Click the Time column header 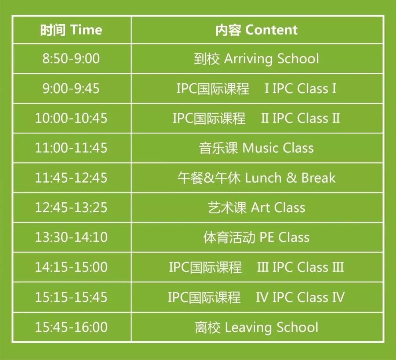(x=71, y=30)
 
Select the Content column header (x=257, y=30)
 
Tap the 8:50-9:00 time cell (x=71, y=59)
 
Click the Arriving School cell (x=257, y=59)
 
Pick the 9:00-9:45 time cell (x=71, y=88)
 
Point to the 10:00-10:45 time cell (x=71, y=118)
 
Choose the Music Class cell (x=257, y=148)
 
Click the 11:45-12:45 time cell (x=71, y=178)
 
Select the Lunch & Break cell (x=257, y=178)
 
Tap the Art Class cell (x=257, y=207)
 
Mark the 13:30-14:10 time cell (x=71, y=237)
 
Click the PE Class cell (x=257, y=237)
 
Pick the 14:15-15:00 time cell (x=71, y=267)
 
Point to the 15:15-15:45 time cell (x=71, y=297)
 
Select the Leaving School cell (x=257, y=327)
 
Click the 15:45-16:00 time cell (x=71, y=327)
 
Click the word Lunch (x=263, y=178)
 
